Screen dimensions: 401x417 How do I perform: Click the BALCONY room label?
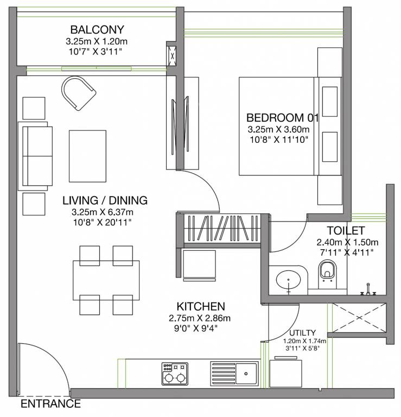point(97,29)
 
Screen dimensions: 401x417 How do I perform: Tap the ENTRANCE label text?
point(50,404)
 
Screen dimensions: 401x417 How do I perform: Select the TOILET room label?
point(346,231)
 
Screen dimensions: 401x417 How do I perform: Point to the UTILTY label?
point(302,333)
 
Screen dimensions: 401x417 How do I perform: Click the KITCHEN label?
point(201,306)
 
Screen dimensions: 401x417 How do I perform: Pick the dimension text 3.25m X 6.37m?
point(103,212)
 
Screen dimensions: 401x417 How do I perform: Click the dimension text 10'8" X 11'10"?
point(279,140)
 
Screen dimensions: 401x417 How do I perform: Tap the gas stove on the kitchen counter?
point(175,374)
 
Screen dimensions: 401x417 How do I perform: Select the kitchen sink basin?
point(246,374)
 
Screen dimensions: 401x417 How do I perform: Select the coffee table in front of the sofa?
point(87,156)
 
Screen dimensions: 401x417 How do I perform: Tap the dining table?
point(106,280)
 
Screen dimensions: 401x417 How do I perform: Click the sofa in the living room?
point(35,156)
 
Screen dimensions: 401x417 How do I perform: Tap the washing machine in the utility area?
point(285,372)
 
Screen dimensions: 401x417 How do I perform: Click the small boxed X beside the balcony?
point(172,56)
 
